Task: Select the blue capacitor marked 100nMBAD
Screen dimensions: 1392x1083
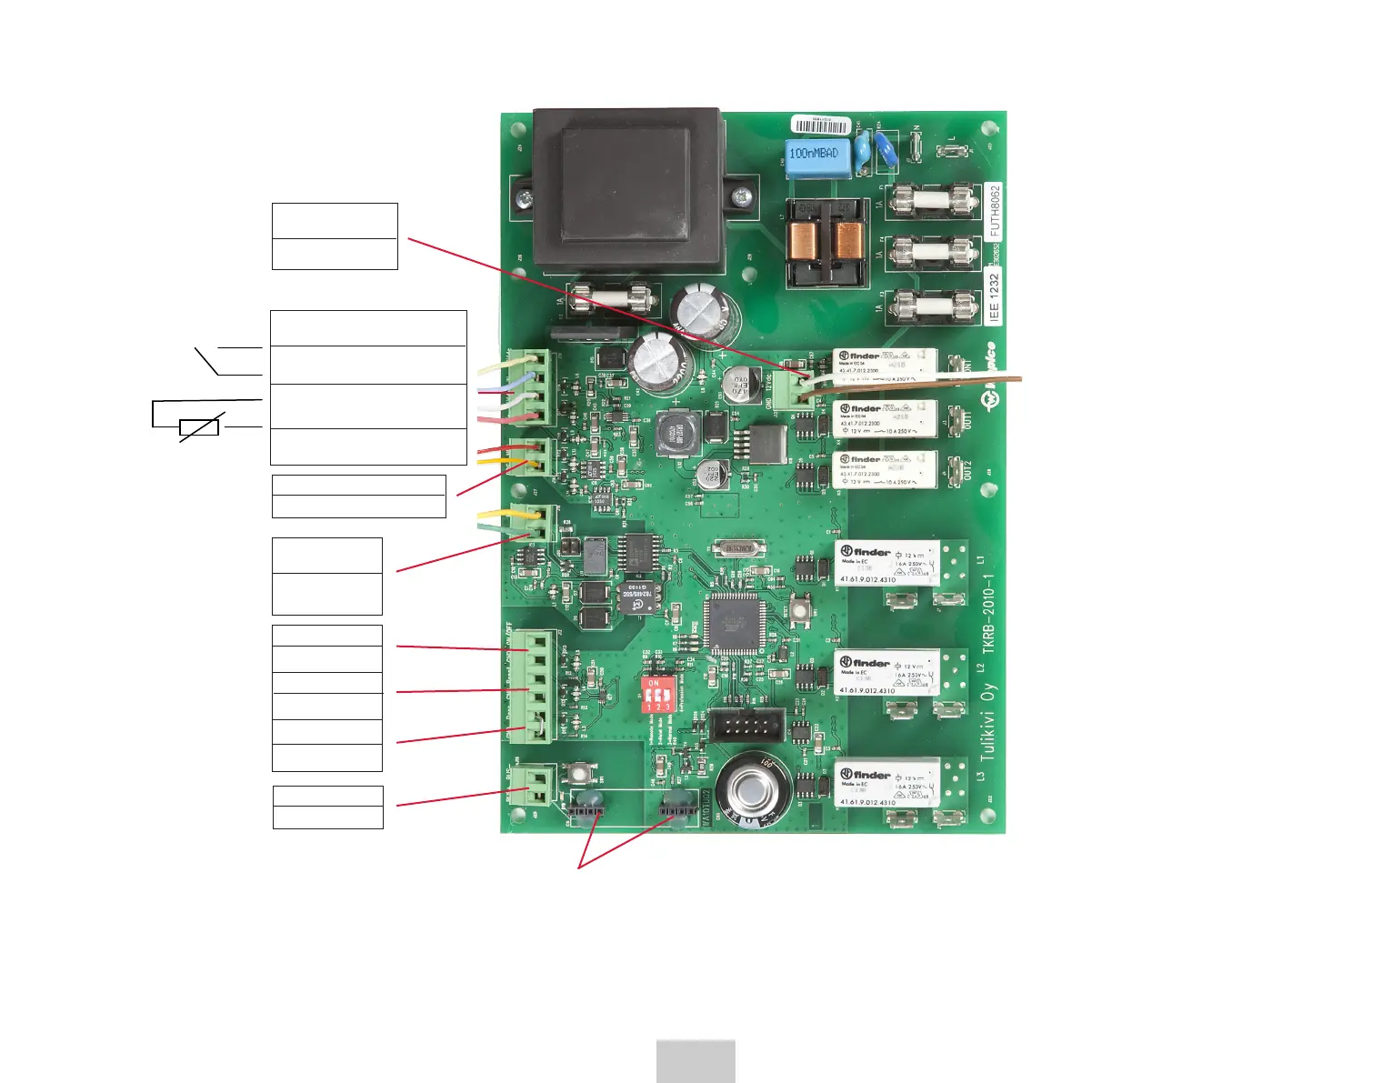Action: [x=817, y=156]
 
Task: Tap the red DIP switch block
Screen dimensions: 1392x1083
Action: [x=656, y=693]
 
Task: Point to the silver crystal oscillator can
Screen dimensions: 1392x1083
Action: [x=736, y=547]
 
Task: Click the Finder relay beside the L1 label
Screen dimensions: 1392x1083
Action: [x=886, y=564]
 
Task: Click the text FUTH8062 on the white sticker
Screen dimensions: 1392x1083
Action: [x=995, y=211]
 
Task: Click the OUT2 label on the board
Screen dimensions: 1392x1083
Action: [x=967, y=471]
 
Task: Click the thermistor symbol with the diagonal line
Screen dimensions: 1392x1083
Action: [x=199, y=427]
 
